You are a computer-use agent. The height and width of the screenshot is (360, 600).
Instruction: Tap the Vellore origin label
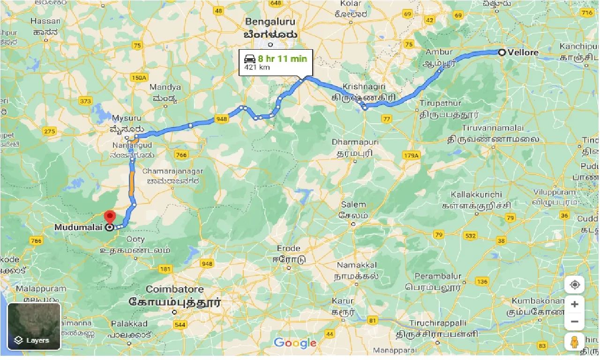tap(523, 52)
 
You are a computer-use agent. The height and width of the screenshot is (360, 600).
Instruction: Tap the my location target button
tap(574, 285)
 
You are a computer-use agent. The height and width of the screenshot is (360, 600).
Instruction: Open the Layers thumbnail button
tap(34, 326)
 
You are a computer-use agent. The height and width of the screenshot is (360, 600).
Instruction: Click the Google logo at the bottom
tap(295, 343)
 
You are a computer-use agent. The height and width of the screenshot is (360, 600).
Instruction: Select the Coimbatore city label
tap(174, 289)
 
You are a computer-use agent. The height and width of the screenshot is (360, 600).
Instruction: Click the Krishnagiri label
tap(358, 87)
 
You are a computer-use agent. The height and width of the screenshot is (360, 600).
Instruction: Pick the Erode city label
tap(289, 247)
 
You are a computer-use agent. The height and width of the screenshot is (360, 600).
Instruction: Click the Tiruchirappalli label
tap(437, 323)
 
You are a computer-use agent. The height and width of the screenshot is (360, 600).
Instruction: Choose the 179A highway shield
tap(411, 155)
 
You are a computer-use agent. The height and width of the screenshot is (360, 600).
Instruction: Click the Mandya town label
tap(165, 87)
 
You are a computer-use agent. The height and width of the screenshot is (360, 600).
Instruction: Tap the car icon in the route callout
tap(249, 59)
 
